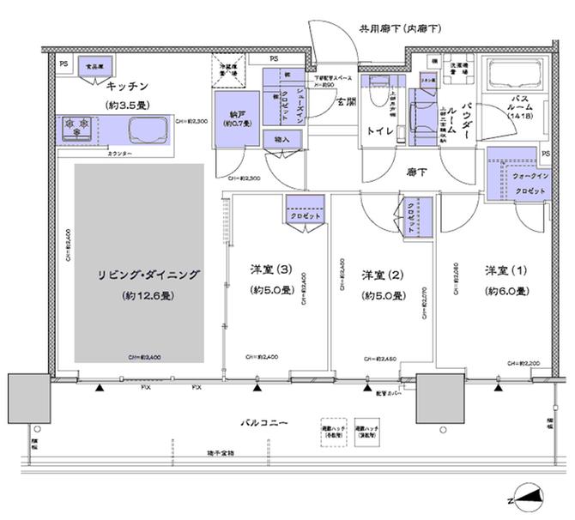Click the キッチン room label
pyautogui.click(x=128, y=86)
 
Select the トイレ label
pyautogui.click(x=381, y=130)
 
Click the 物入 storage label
pyautogui.click(x=282, y=140)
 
